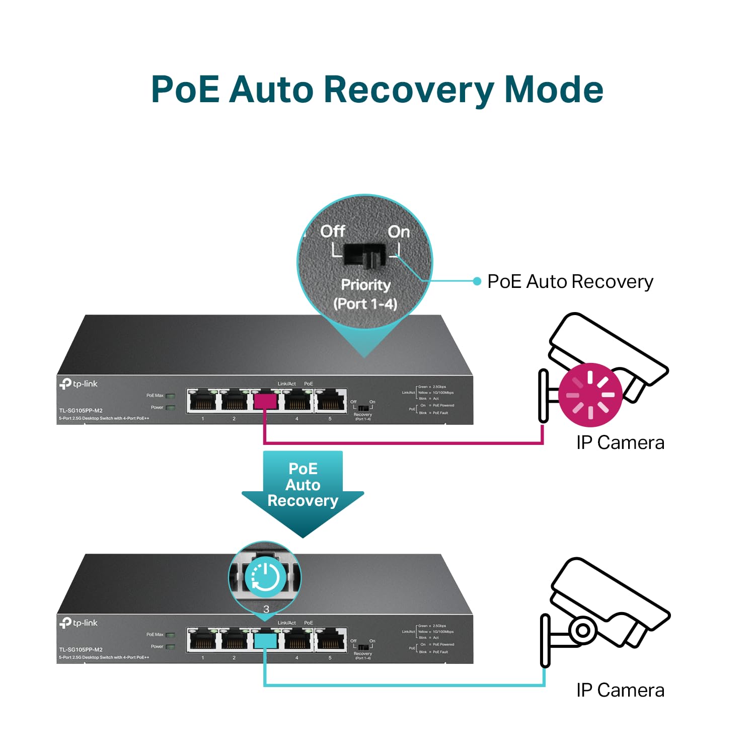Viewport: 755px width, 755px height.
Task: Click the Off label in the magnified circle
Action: coord(332,231)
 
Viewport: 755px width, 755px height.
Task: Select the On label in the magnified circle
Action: coord(399,232)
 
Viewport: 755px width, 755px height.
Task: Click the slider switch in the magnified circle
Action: coord(364,256)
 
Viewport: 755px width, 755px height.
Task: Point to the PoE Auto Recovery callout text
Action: coord(570,281)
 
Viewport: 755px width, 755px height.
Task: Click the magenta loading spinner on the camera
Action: coord(590,395)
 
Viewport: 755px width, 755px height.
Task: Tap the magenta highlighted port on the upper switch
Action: coord(265,401)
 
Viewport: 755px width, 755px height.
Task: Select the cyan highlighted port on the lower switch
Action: coord(265,640)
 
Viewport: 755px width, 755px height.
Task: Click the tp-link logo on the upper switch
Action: coord(79,384)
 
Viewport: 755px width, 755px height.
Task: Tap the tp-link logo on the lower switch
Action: coord(79,623)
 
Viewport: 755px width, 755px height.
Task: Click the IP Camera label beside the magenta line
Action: coord(620,443)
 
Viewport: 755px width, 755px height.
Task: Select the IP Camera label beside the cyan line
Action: coord(620,690)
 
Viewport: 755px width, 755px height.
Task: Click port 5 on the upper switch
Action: coord(331,401)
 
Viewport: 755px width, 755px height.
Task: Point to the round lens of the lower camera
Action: coord(583,630)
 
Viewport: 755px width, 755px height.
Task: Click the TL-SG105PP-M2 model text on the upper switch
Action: coord(81,411)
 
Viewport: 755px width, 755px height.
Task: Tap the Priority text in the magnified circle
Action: coord(366,285)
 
